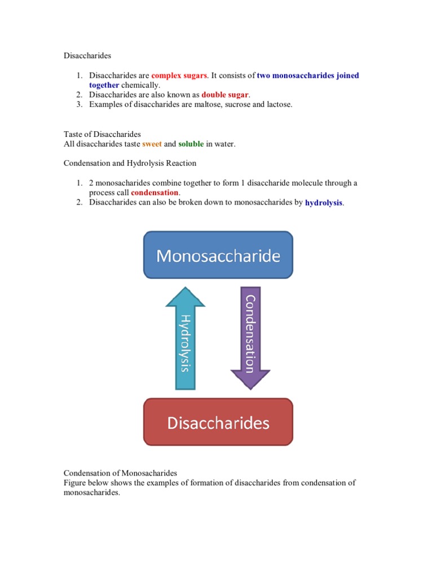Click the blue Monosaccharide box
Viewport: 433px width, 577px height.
click(x=218, y=255)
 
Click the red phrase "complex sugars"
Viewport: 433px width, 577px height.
click(x=179, y=76)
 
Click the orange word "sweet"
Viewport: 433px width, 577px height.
click(x=152, y=144)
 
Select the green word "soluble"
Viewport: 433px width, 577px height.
click(x=191, y=144)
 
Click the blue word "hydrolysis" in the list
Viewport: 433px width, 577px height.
click(x=324, y=202)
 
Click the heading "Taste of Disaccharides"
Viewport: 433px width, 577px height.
click(x=102, y=135)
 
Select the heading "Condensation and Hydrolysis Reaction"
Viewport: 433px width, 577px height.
click(x=130, y=163)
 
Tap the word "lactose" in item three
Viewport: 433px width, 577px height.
click(x=277, y=104)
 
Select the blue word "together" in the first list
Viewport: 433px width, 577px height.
click(x=104, y=85)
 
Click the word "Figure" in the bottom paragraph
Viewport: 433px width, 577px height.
click(x=74, y=483)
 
